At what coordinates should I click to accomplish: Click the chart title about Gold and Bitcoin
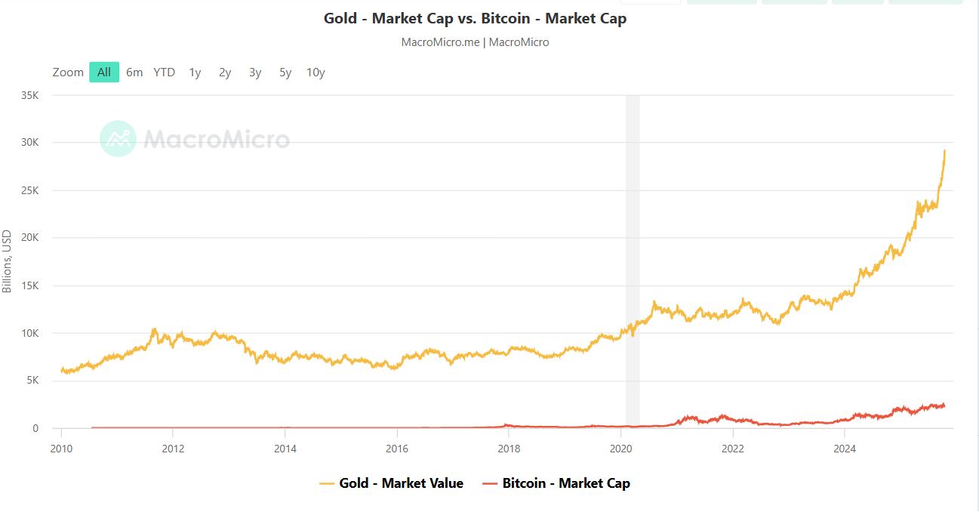pos(475,18)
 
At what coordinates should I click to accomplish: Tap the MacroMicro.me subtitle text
pos(475,42)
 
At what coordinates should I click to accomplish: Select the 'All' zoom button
pos(104,72)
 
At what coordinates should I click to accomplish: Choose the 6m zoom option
pos(134,72)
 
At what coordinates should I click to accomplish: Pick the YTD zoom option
pos(164,72)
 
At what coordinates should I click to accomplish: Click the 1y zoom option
pos(195,72)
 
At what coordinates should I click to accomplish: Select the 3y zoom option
pos(255,72)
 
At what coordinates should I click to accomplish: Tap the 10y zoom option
pos(316,72)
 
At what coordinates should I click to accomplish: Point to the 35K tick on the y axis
pos(30,95)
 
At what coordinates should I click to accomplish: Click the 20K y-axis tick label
pos(30,238)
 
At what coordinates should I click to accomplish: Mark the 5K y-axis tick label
pos(33,381)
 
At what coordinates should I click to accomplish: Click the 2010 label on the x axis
pos(61,448)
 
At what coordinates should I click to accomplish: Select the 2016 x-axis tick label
pos(397,448)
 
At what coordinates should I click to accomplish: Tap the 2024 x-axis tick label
pos(845,448)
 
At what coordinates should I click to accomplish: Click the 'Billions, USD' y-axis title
pos(8,261)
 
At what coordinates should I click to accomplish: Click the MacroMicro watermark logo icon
pos(118,139)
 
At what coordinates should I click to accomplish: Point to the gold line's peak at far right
pos(944,151)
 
